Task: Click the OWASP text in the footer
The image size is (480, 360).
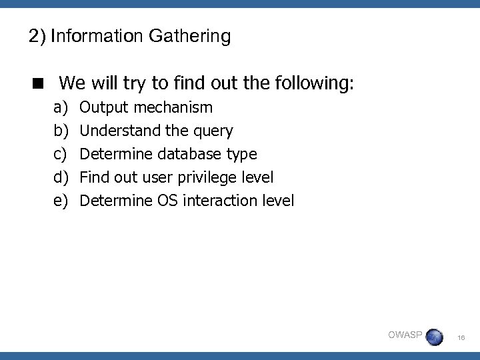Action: pos(405,335)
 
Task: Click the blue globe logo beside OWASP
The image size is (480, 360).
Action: pos(434,337)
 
